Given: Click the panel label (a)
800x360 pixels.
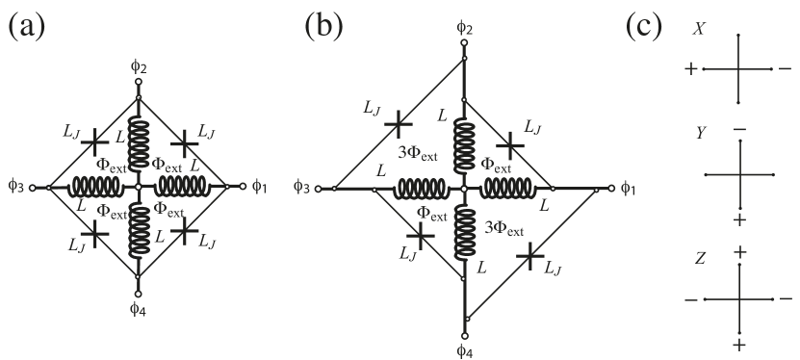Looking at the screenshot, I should pyautogui.click(x=26, y=26).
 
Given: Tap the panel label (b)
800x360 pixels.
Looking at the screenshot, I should pyautogui.click(x=323, y=26).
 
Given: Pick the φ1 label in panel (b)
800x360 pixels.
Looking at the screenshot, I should pyautogui.click(x=628, y=189).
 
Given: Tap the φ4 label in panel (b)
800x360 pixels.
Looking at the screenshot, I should pyautogui.click(x=464, y=351).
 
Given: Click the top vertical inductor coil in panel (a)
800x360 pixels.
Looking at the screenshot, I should pyautogui.click(x=139, y=142).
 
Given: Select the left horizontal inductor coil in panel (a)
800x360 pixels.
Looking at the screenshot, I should pyautogui.click(x=95, y=186).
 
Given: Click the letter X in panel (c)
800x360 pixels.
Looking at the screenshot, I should pyautogui.click(x=699, y=30).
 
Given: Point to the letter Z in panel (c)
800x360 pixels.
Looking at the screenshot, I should pyautogui.click(x=700, y=258).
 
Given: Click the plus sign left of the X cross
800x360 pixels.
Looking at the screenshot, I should pyautogui.click(x=690, y=69).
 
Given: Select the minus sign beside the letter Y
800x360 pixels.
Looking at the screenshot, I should pyautogui.click(x=738, y=129).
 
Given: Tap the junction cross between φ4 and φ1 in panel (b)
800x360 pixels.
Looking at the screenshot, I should pyautogui.click(x=529, y=255).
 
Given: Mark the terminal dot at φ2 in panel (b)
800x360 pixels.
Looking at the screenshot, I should pyautogui.click(x=465, y=42).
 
